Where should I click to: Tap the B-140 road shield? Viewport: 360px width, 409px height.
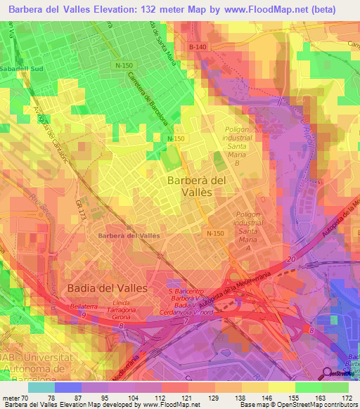tap(198, 46)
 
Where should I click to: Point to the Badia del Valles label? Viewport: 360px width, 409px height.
tap(107, 287)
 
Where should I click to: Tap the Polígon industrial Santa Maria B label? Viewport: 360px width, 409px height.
tap(242, 146)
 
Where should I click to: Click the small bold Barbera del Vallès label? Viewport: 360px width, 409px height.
tap(129, 235)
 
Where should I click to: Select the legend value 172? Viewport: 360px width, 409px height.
tap(347, 397)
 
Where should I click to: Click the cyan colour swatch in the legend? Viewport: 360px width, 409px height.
tap(41, 387)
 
